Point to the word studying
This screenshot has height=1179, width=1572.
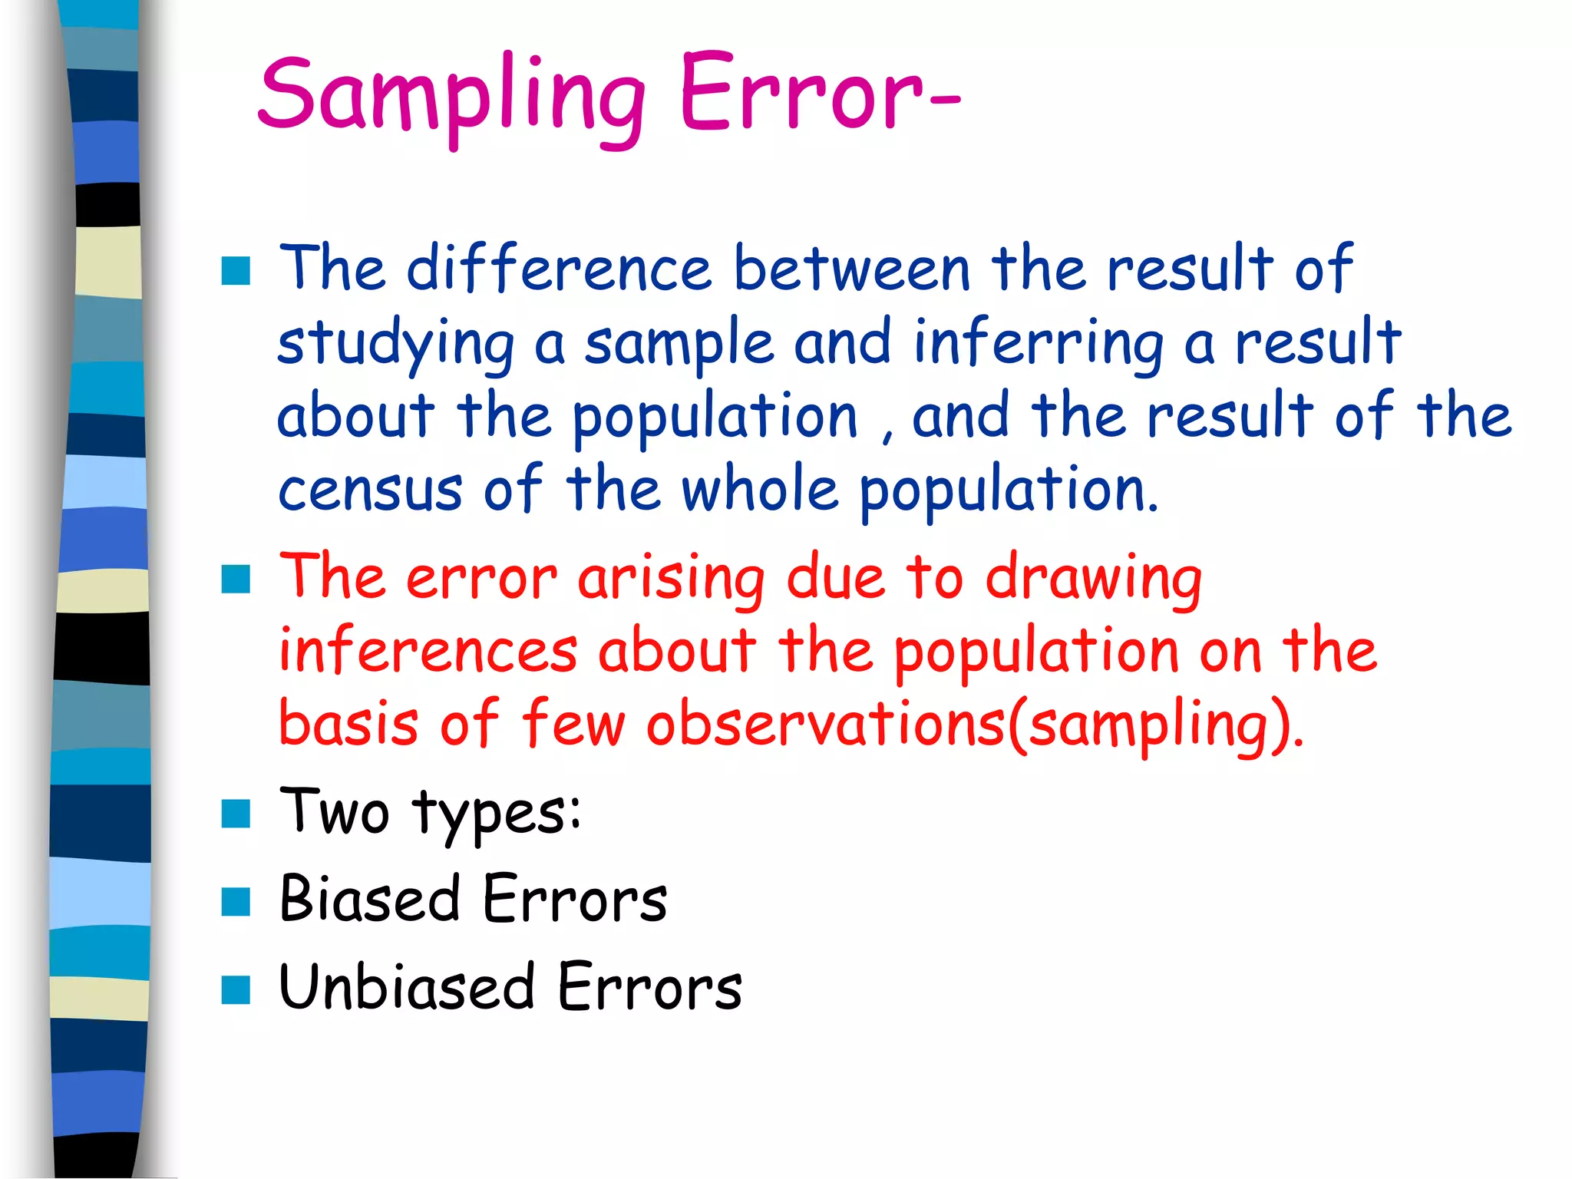[x=395, y=344]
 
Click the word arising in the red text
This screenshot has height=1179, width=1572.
[x=671, y=579]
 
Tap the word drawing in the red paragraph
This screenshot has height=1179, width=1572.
[x=1093, y=579]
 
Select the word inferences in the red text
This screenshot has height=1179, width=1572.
[x=428, y=651]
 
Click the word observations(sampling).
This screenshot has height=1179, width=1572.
[x=974, y=725]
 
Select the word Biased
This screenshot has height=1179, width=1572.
[x=369, y=899]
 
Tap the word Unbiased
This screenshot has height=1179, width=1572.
[x=406, y=987]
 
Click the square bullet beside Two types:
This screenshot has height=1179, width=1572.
[x=236, y=814]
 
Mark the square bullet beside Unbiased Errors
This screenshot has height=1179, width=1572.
[x=236, y=990]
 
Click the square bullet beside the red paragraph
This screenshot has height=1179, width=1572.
[x=236, y=580]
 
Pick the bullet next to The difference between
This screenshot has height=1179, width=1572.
[x=236, y=271]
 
